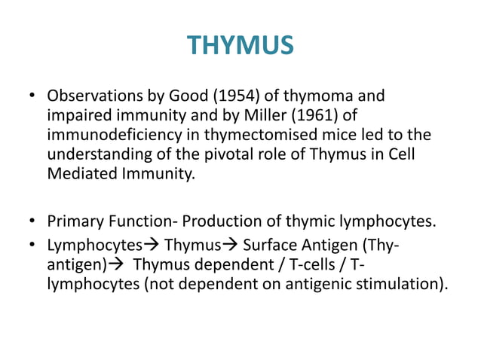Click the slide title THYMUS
tap(240, 46)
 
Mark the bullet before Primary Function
tap(32, 224)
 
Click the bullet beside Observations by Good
tap(32, 97)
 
